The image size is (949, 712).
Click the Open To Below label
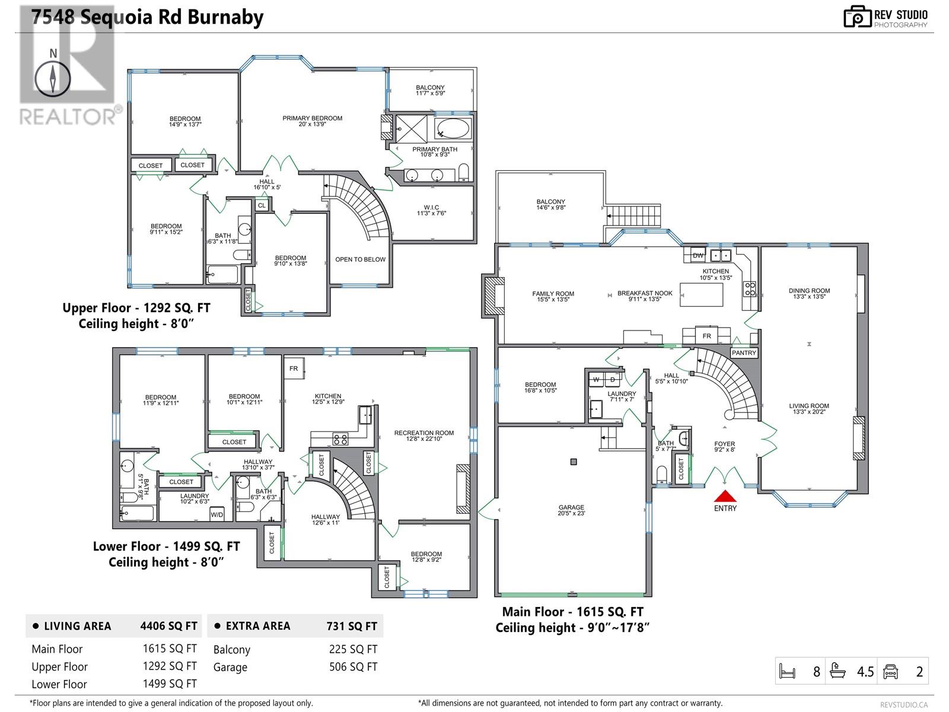point(360,259)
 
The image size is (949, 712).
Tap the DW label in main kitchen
point(698,255)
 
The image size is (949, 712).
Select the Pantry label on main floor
point(744,353)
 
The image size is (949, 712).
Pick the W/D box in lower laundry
point(217,514)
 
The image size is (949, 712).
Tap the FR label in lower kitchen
point(294,368)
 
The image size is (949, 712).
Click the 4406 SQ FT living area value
point(168,626)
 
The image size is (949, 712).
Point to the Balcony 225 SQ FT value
point(353,649)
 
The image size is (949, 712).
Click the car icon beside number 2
point(890,671)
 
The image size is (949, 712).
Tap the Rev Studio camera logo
point(856,17)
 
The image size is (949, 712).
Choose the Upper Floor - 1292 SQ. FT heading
point(136,309)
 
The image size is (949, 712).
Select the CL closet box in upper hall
point(262,205)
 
